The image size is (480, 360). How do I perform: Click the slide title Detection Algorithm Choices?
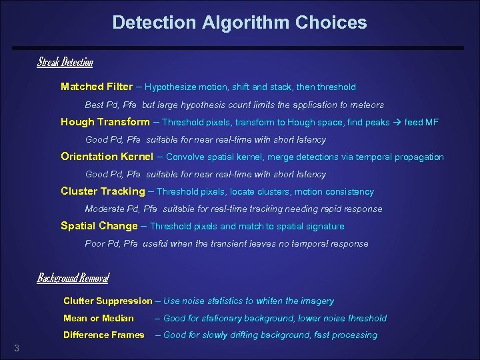239,23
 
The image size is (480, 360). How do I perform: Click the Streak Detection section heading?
65,63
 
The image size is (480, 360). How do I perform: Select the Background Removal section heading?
73,278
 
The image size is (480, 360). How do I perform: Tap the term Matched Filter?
97,87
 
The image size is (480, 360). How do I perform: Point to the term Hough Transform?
105,122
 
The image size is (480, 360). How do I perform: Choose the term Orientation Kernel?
107,157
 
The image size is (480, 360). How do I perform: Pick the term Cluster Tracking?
103,191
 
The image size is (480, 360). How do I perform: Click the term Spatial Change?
99,226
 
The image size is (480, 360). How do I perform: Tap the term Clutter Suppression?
107,301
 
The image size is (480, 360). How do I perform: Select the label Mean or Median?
99,318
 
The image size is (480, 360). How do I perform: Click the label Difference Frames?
103,335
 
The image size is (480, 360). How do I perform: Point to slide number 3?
16,348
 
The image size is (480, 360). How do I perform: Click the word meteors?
367,105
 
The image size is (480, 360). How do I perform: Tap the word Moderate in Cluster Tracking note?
103,209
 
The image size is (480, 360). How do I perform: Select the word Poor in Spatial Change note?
95,243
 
